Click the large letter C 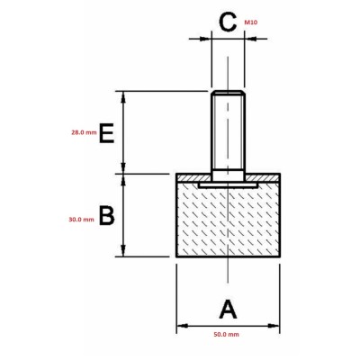(228, 22)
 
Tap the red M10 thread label (251, 22)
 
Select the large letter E (106, 132)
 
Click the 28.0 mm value (84, 132)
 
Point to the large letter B (107, 215)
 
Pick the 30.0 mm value (82, 220)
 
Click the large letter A (228, 310)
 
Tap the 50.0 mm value (227, 334)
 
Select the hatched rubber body (228, 220)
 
